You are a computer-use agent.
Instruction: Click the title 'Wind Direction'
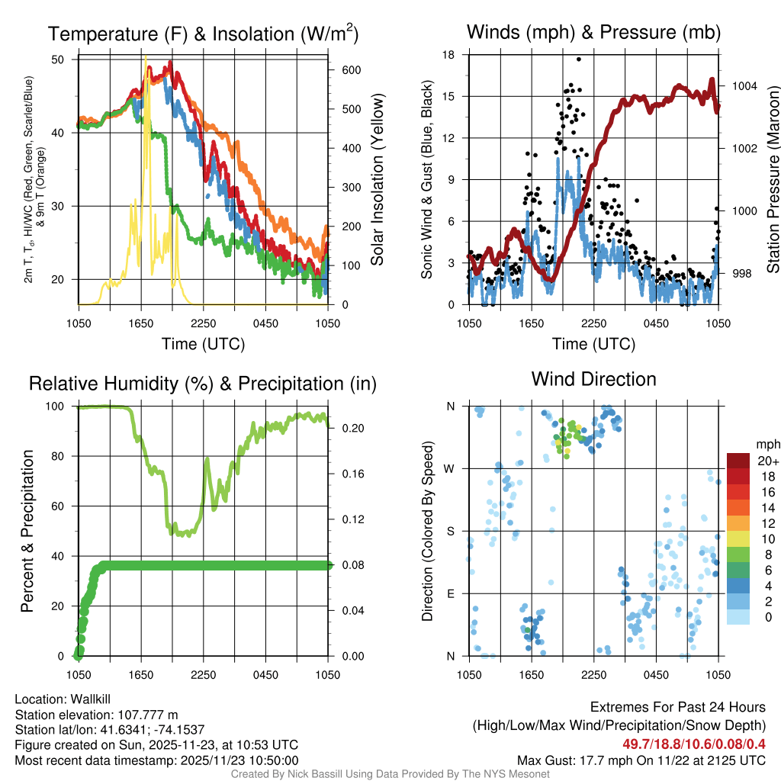(593, 379)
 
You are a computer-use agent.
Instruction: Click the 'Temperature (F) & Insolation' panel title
(203, 34)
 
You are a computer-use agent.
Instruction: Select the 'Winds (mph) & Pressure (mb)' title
(593, 32)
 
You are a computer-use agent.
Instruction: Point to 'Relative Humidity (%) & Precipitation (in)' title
(203, 384)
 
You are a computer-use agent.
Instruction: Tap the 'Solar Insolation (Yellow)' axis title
(377, 180)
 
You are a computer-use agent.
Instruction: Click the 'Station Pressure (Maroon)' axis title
(772, 180)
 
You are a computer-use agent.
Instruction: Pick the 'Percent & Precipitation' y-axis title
(27, 531)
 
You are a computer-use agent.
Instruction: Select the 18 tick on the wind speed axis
(448, 55)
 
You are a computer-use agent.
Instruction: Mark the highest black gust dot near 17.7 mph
(579, 59)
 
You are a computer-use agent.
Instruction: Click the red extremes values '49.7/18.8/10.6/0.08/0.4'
(689, 744)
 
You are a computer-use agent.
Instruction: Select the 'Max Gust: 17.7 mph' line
(641, 760)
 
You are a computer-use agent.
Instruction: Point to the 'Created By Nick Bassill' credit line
(390, 774)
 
